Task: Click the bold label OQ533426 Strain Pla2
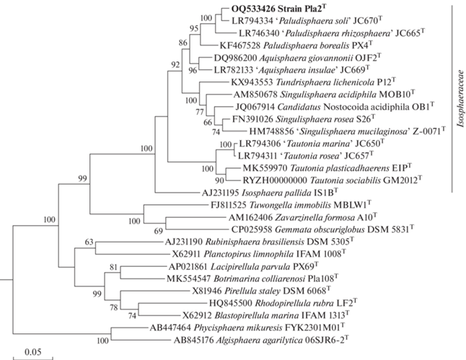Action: (x=280, y=9)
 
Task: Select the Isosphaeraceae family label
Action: (x=461, y=99)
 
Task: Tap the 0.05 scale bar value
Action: (x=33, y=352)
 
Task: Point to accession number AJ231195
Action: (x=221, y=193)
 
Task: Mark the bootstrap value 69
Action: (x=159, y=231)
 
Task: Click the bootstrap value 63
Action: (x=89, y=242)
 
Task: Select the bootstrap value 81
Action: (x=113, y=267)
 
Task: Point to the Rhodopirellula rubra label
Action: (x=294, y=303)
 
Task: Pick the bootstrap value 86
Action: (x=183, y=43)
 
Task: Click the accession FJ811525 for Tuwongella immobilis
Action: (x=229, y=206)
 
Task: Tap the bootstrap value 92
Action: (x=175, y=64)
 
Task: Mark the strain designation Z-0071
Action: (x=429, y=131)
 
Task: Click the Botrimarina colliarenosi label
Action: (x=259, y=279)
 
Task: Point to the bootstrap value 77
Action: (x=200, y=113)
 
